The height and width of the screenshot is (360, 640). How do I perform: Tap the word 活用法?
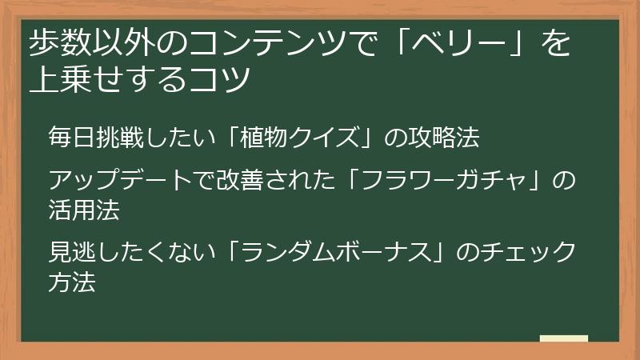tap(83, 210)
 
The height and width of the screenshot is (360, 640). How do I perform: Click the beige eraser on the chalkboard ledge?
tap(563, 338)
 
